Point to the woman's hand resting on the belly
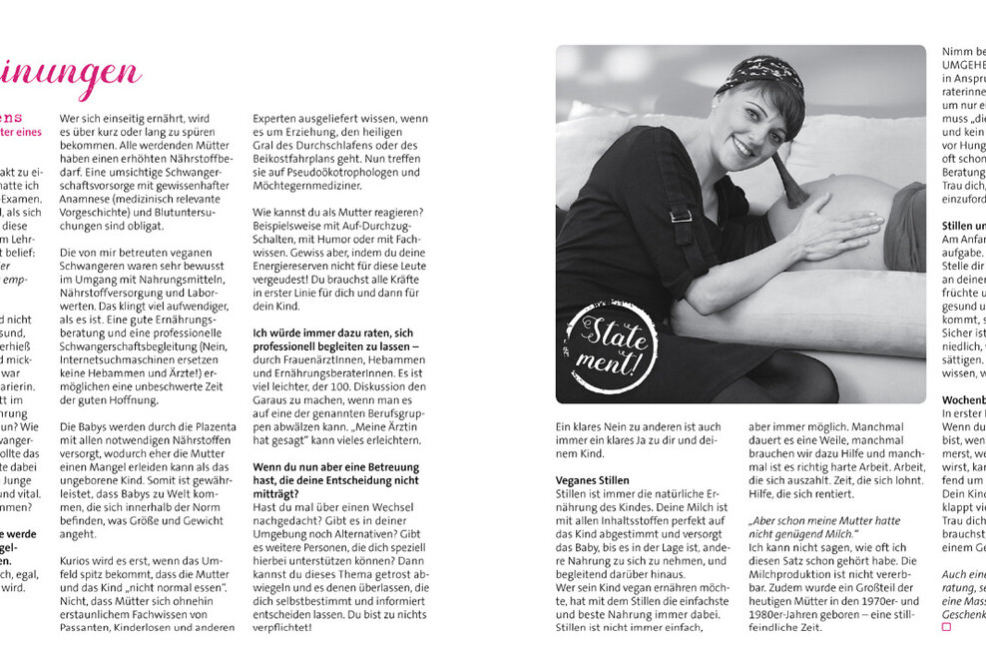(x=834, y=231)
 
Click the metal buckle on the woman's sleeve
(x=682, y=215)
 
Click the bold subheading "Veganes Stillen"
(x=593, y=480)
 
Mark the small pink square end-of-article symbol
(x=946, y=627)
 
